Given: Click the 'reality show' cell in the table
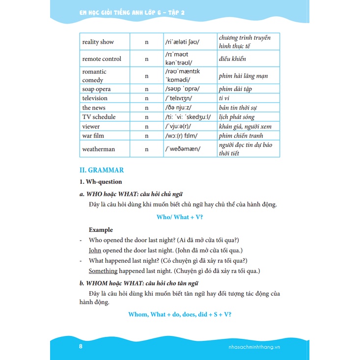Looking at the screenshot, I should (98, 42).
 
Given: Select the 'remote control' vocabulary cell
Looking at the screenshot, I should (102, 59).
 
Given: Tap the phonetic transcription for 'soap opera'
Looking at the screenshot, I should (183, 89).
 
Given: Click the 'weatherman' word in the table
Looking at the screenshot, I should (99, 149).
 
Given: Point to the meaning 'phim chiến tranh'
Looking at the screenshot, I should (241, 136).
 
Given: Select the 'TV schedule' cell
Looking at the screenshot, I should (99, 117).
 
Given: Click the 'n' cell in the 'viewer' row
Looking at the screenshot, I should (146, 126).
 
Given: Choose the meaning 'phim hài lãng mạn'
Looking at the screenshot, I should (244, 76).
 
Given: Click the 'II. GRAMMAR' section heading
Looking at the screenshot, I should (102, 170).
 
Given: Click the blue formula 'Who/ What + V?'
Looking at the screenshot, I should (179, 217).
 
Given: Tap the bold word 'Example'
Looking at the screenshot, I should (101, 230).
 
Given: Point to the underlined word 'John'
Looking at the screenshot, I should (95, 250).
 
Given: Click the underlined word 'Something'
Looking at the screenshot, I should (103, 271).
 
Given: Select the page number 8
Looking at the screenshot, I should (81, 347).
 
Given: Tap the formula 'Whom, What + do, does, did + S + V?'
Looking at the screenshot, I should (179, 314).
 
